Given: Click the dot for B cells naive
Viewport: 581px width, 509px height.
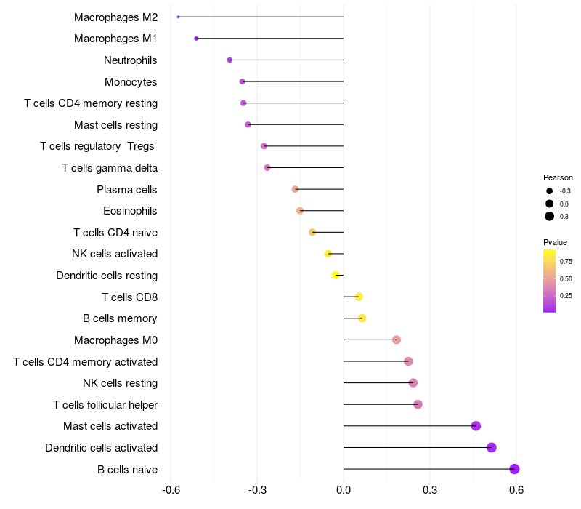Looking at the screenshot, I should pyautogui.click(x=514, y=469).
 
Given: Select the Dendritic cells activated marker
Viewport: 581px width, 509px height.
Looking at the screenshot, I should pyautogui.click(x=492, y=447).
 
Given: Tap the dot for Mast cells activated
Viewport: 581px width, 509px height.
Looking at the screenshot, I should pyautogui.click(x=476, y=426).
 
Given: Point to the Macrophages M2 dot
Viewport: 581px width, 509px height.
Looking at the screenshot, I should pyautogui.click(x=178, y=17).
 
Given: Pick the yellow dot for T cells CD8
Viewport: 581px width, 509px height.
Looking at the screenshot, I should pyautogui.click(x=359, y=297).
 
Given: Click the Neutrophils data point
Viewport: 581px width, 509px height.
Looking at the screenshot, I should pyautogui.click(x=230, y=60).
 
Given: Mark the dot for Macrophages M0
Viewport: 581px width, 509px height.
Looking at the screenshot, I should pyautogui.click(x=397, y=340).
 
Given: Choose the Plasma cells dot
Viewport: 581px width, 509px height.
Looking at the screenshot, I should pyautogui.click(x=295, y=189).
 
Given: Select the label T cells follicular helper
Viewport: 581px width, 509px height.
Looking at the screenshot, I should pyautogui.click(x=105, y=405).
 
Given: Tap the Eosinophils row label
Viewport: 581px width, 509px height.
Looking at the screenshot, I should pyautogui.click(x=131, y=211).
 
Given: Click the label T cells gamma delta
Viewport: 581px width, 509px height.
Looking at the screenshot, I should pyautogui.click(x=110, y=168).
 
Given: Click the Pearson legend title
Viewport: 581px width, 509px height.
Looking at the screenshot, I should pyautogui.click(x=558, y=177).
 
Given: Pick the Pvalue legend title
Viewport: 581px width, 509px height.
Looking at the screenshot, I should pyautogui.click(x=555, y=242).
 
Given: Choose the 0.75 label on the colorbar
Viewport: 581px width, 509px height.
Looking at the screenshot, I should pyautogui.click(x=566, y=262).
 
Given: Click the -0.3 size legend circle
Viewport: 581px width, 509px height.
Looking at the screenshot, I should pyautogui.click(x=550, y=191).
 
